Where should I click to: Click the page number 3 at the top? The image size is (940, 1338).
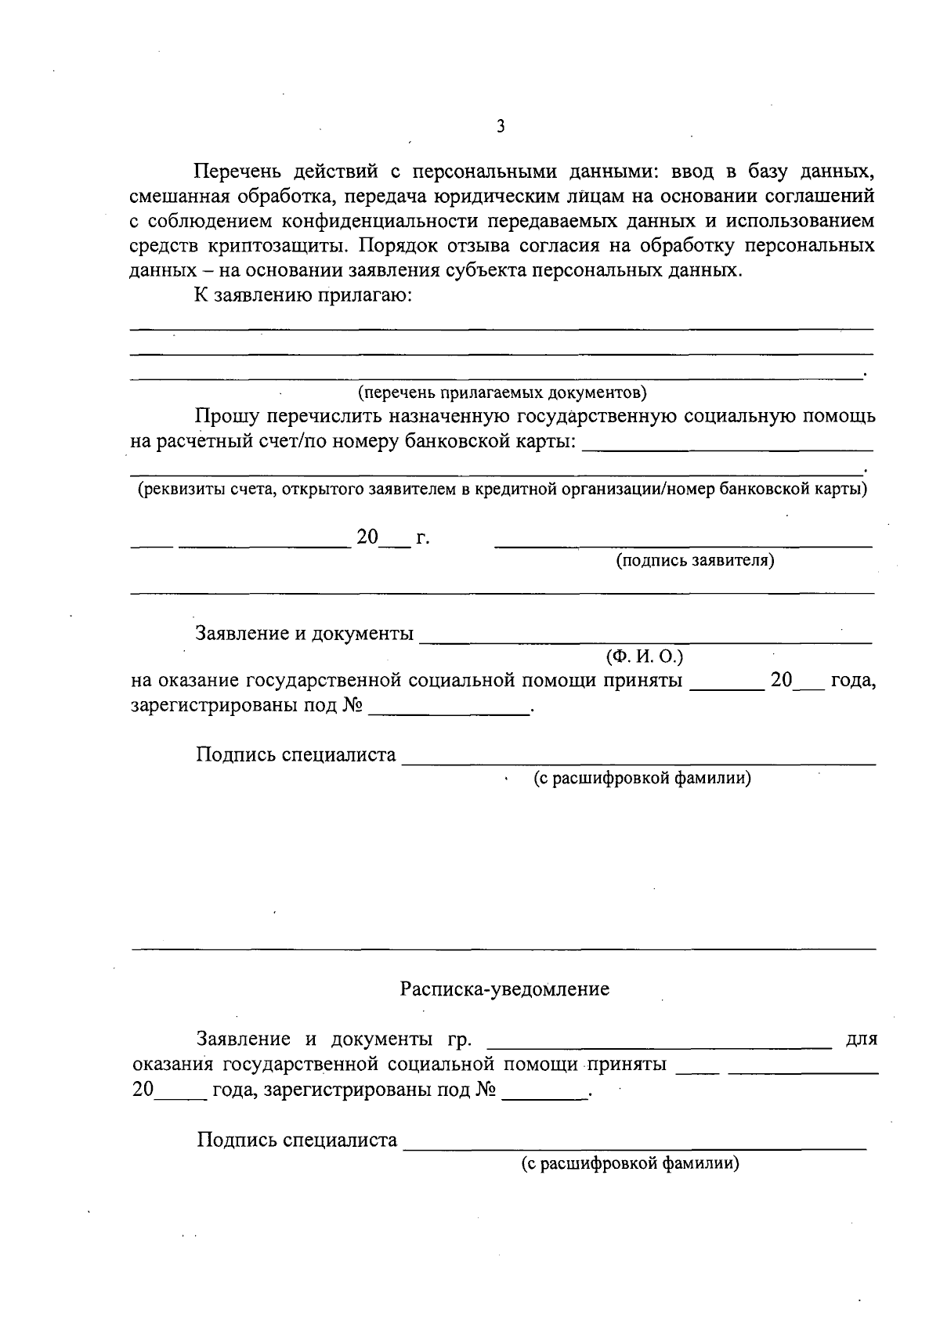(500, 126)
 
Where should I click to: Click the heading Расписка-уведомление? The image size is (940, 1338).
(504, 989)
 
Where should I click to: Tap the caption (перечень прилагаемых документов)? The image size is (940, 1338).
(502, 392)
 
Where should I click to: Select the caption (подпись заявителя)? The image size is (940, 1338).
(695, 560)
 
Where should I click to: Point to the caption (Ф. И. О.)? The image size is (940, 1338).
(645, 656)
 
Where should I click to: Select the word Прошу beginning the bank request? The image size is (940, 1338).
(226, 416)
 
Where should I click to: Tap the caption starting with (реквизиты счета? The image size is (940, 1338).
(502, 490)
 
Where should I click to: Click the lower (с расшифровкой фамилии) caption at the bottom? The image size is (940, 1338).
(631, 1163)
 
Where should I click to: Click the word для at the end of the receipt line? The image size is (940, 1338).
(862, 1040)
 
